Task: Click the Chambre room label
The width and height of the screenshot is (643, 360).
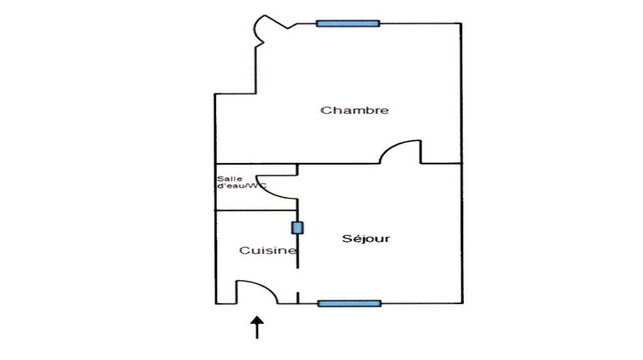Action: pyautogui.click(x=354, y=111)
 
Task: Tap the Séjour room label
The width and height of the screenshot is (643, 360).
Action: pyautogui.click(x=366, y=238)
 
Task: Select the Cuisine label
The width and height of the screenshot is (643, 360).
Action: pyautogui.click(x=267, y=250)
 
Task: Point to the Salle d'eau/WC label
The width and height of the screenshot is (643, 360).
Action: pyautogui.click(x=242, y=183)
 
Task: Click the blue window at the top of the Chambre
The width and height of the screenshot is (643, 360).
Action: pyautogui.click(x=348, y=23)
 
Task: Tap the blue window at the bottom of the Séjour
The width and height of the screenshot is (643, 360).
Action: pyautogui.click(x=350, y=303)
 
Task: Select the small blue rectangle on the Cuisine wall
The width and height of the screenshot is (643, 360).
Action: pyautogui.click(x=297, y=228)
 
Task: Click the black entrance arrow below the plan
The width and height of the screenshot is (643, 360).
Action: pyautogui.click(x=257, y=327)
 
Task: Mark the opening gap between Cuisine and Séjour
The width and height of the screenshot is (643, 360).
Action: pyautogui.click(x=297, y=280)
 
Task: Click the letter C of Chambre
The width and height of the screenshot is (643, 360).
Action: pyautogui.click(x=325, y=111)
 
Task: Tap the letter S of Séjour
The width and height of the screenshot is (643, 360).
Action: pyautogui.click(x=346, y=238)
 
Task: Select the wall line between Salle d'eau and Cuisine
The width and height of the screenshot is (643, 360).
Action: pyautogui.click(x=256, y=210)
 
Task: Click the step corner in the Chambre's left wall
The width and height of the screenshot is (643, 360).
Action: pyautogui.click(x=255, y=94)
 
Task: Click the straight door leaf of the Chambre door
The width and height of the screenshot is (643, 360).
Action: pyautogui.click(x=420, y=152)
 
